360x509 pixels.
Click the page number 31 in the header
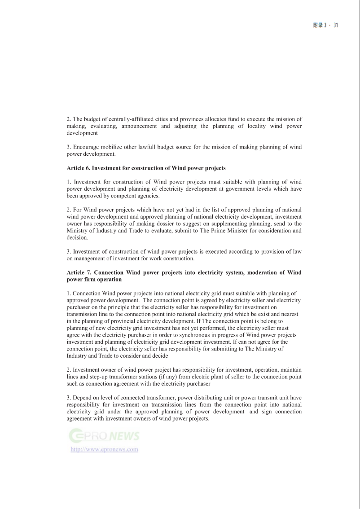coord(335,26)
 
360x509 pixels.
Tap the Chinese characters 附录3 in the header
coord(319,26)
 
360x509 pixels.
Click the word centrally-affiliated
coord(127,119)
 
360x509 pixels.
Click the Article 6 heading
coord(146,168)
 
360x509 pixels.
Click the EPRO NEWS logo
coord(104,435)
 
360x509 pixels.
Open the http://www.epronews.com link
coord(104,449)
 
